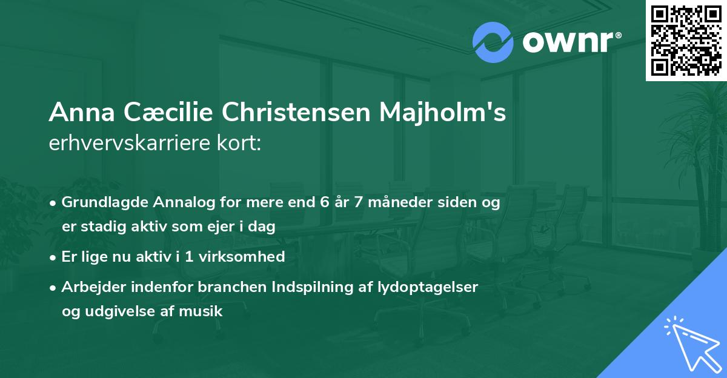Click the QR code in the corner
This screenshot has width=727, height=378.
(x=686, y=40)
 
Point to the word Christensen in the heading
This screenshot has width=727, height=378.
(x=295, y=112)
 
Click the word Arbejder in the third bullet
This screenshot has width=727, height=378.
(x=91, y=287)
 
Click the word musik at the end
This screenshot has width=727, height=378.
(x=205, y=312)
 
